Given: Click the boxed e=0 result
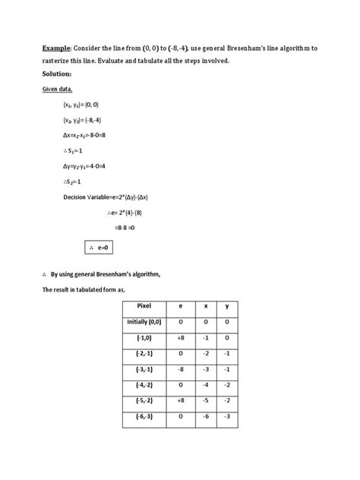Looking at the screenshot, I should coord(100,247).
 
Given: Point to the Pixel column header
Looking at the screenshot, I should coord(144,305).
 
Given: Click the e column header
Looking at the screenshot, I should coord(180,305).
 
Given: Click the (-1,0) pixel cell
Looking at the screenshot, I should coord(144,337).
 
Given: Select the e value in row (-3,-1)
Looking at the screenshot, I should coord(180,369).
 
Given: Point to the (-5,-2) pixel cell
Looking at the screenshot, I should coord(144,401).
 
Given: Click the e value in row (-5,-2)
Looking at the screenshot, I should coord(180,401).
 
